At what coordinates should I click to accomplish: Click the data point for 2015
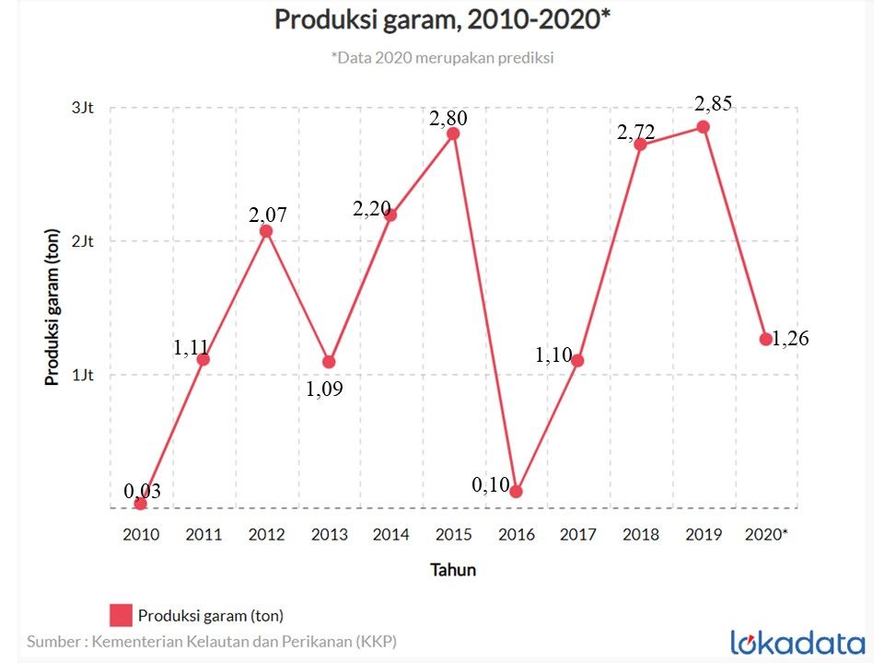coord(453,134)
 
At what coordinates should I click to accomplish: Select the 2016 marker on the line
coord(516,492)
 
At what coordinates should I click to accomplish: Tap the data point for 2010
coord(140,504)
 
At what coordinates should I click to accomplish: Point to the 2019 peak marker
coord(703,127)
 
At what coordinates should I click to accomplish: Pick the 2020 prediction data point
coord(765,339)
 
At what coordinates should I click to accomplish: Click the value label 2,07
coord(268,215)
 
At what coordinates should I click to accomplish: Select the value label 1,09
coord(324,390)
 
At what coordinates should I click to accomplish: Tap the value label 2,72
coord(636,134)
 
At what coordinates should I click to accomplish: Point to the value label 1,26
coord(790,339)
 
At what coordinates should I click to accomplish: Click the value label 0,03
coord(143,492)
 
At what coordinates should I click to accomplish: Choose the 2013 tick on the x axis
coord(329,534)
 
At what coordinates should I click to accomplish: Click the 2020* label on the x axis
coord(766,534)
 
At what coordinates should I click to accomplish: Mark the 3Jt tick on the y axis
coord(83,108)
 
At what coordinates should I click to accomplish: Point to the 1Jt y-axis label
coord(83,375)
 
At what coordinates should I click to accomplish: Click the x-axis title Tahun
coord(453,570)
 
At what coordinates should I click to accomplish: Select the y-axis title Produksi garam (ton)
coord(53,305)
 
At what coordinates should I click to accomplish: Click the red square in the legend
coord(121,614)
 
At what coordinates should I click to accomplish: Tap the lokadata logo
coord(797,642)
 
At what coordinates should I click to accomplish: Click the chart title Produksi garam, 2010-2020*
coord(442,20)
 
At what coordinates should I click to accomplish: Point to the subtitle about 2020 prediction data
coord(442,57)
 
